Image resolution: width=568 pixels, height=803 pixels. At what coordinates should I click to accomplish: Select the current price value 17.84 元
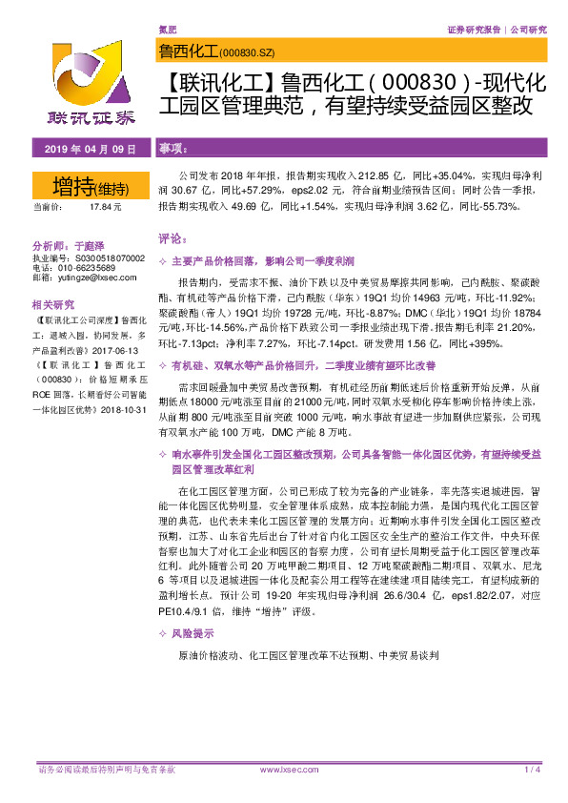point(105,207)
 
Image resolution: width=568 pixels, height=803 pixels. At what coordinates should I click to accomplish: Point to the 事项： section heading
point(172,150)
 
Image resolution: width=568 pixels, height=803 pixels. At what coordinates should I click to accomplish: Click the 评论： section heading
point(172,238)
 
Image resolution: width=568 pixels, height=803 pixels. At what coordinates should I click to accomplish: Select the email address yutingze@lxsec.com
point(97,277)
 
